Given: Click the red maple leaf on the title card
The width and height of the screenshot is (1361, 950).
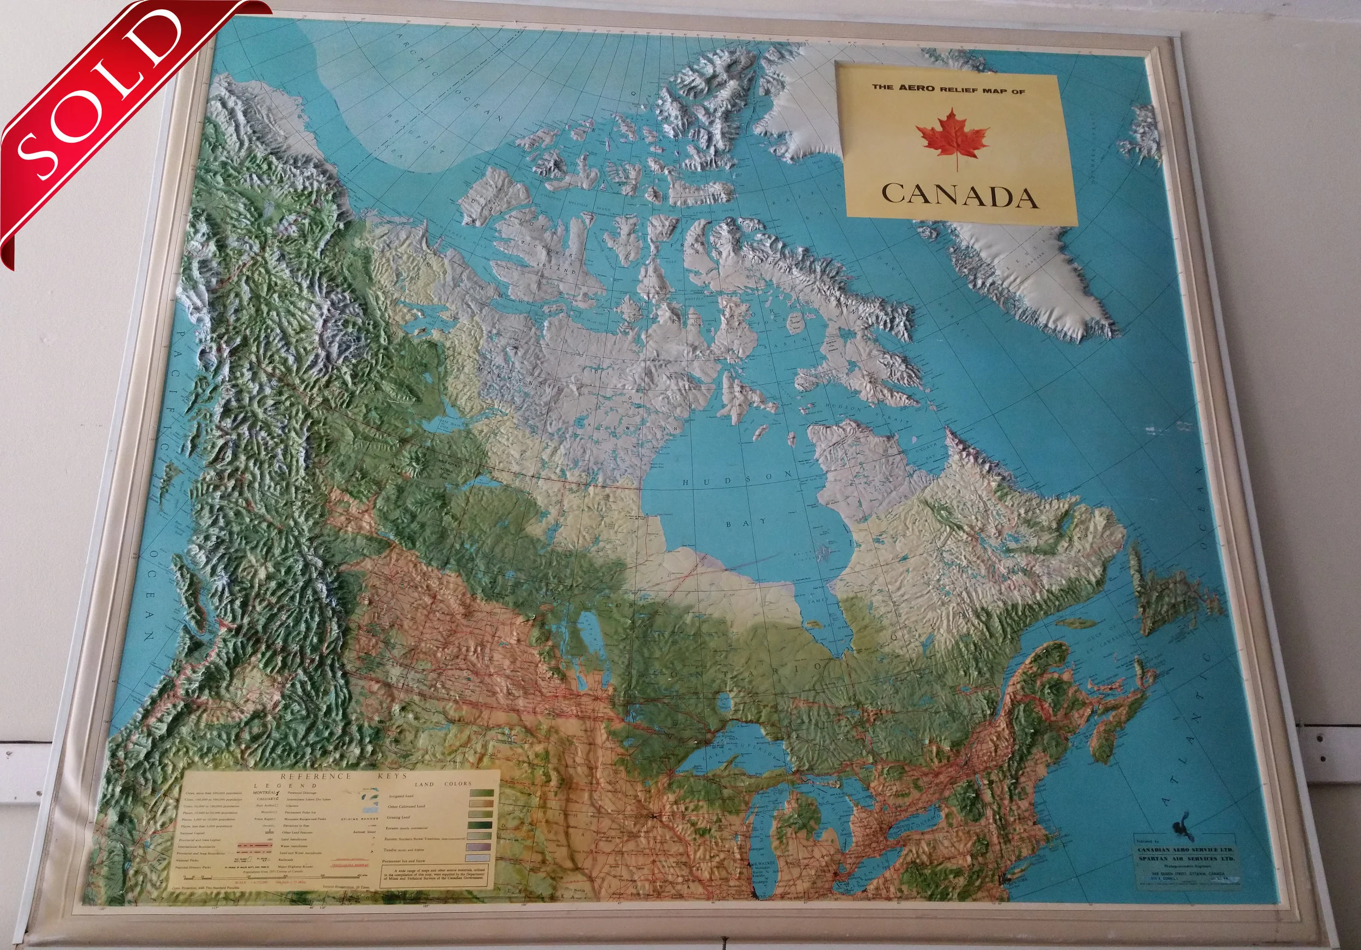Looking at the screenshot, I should (x=952, y=138).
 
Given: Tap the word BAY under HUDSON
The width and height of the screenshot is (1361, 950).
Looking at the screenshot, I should (x=747, y=522).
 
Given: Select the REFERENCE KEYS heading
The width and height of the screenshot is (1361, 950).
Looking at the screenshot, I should (x=344, y=776).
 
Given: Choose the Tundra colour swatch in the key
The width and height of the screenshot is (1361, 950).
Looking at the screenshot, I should (x=481, y=848).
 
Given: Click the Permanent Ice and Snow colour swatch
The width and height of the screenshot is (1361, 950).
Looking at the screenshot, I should (x=481, y=858).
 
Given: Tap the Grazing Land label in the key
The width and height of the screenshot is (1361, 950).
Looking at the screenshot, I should (x=399, y=817).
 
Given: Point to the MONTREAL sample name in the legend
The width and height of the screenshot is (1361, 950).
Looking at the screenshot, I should (x=265, y=792).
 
